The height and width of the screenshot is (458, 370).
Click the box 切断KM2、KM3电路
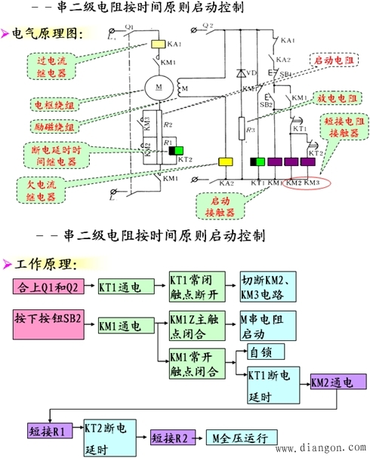click(270, 287)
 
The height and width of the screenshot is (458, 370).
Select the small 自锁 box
click(261, 352)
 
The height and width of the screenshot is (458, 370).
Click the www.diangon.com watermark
click(322, 447)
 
